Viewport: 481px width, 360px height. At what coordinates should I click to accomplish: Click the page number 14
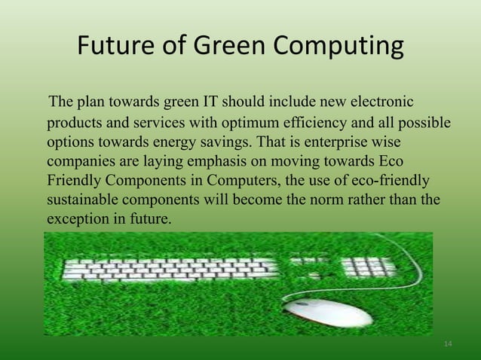[449, 344]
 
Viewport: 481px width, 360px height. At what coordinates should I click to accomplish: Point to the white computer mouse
[332, 311]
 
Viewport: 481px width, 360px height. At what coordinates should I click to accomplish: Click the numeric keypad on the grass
[369, 267]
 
